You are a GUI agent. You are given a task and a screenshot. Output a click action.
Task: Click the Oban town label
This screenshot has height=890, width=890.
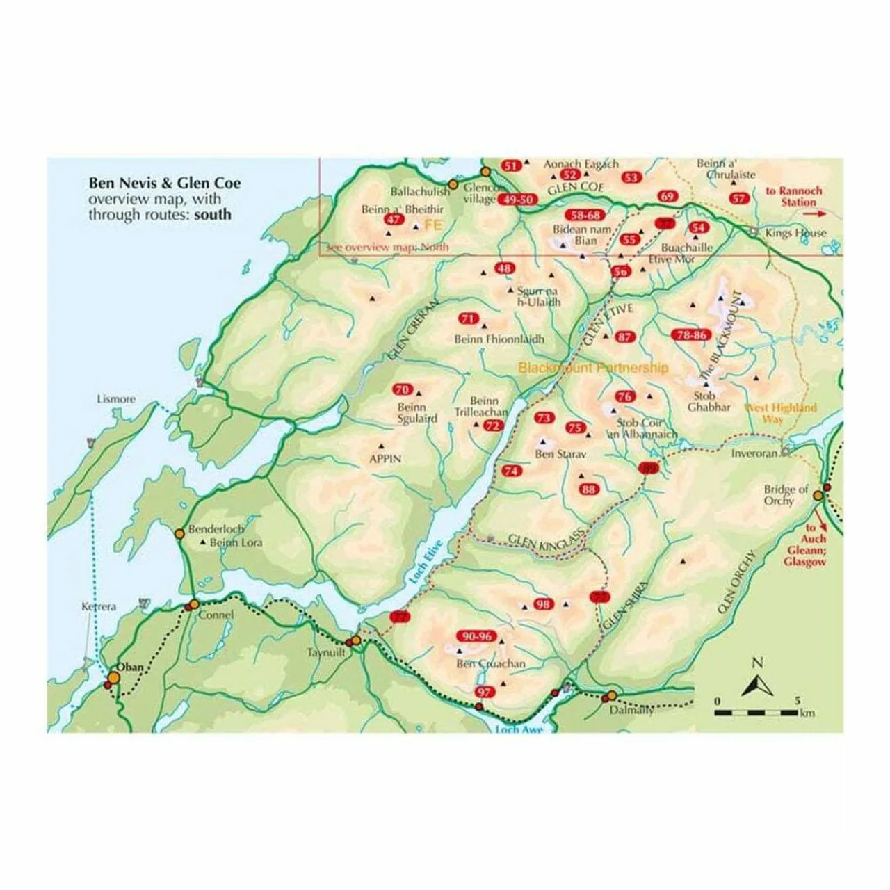[x=129, y=667]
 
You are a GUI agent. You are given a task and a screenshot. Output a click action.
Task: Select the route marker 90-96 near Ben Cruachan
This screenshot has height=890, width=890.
[x=476, y=636]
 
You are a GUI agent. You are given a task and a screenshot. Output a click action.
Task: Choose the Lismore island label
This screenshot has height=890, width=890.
[x=117, y=400]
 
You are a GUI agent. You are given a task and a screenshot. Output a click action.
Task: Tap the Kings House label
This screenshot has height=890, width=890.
[x=795, y=233]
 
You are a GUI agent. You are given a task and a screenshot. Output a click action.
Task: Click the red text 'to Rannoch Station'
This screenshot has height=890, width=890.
[x=793, y=196]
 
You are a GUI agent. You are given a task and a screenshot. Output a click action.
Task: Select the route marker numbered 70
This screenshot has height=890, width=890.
[x=403, y=390]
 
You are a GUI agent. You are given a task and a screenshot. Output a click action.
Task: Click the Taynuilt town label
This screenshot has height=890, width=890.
[x=326, y=653]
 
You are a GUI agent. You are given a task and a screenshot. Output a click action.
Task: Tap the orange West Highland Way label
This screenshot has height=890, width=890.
[x=780, y=413]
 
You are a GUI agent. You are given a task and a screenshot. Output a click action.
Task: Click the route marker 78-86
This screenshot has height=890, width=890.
[x=690, y=335]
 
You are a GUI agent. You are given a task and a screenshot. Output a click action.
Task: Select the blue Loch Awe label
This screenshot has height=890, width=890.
[x=518, y=729]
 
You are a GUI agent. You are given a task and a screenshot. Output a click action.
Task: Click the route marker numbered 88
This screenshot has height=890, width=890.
[x=589, y=489]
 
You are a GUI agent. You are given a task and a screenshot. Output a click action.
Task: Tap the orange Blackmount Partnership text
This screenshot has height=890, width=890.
[x=593, y=368]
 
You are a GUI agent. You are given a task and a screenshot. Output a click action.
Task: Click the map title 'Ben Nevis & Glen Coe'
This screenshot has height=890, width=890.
[x=164, y=184]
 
